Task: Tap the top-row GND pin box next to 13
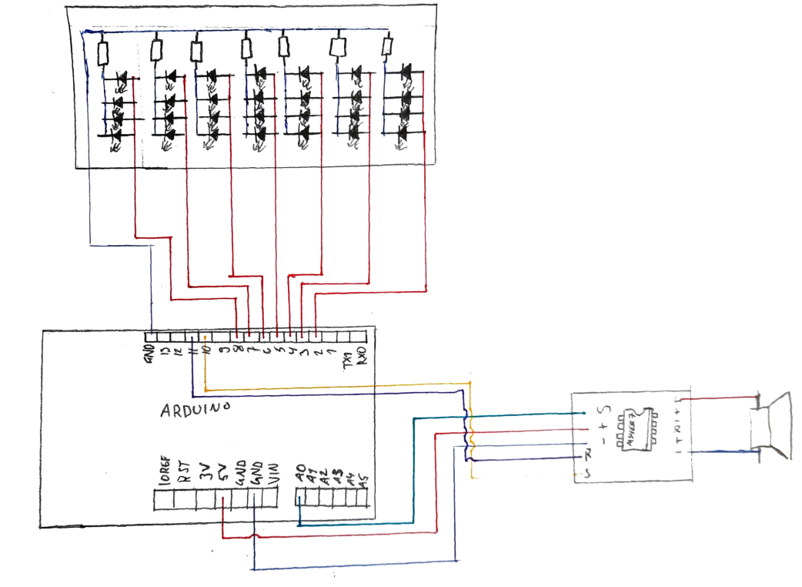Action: click(x=151, y=337)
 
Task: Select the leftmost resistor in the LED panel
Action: click(x=104, y=53)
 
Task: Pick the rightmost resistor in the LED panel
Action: click(x=386, y=47)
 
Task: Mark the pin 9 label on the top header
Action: click(x=222, y=352)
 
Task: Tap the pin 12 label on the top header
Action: click(x=178, y=353)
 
